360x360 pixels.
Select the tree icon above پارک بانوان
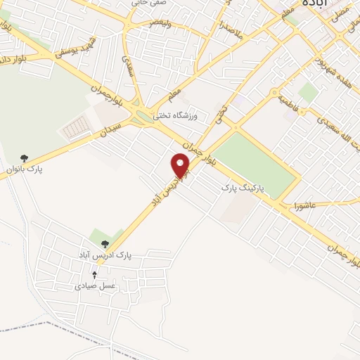coord(25,157)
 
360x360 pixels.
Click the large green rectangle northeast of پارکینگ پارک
coord(254,164)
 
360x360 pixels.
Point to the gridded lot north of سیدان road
coord(75,127)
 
